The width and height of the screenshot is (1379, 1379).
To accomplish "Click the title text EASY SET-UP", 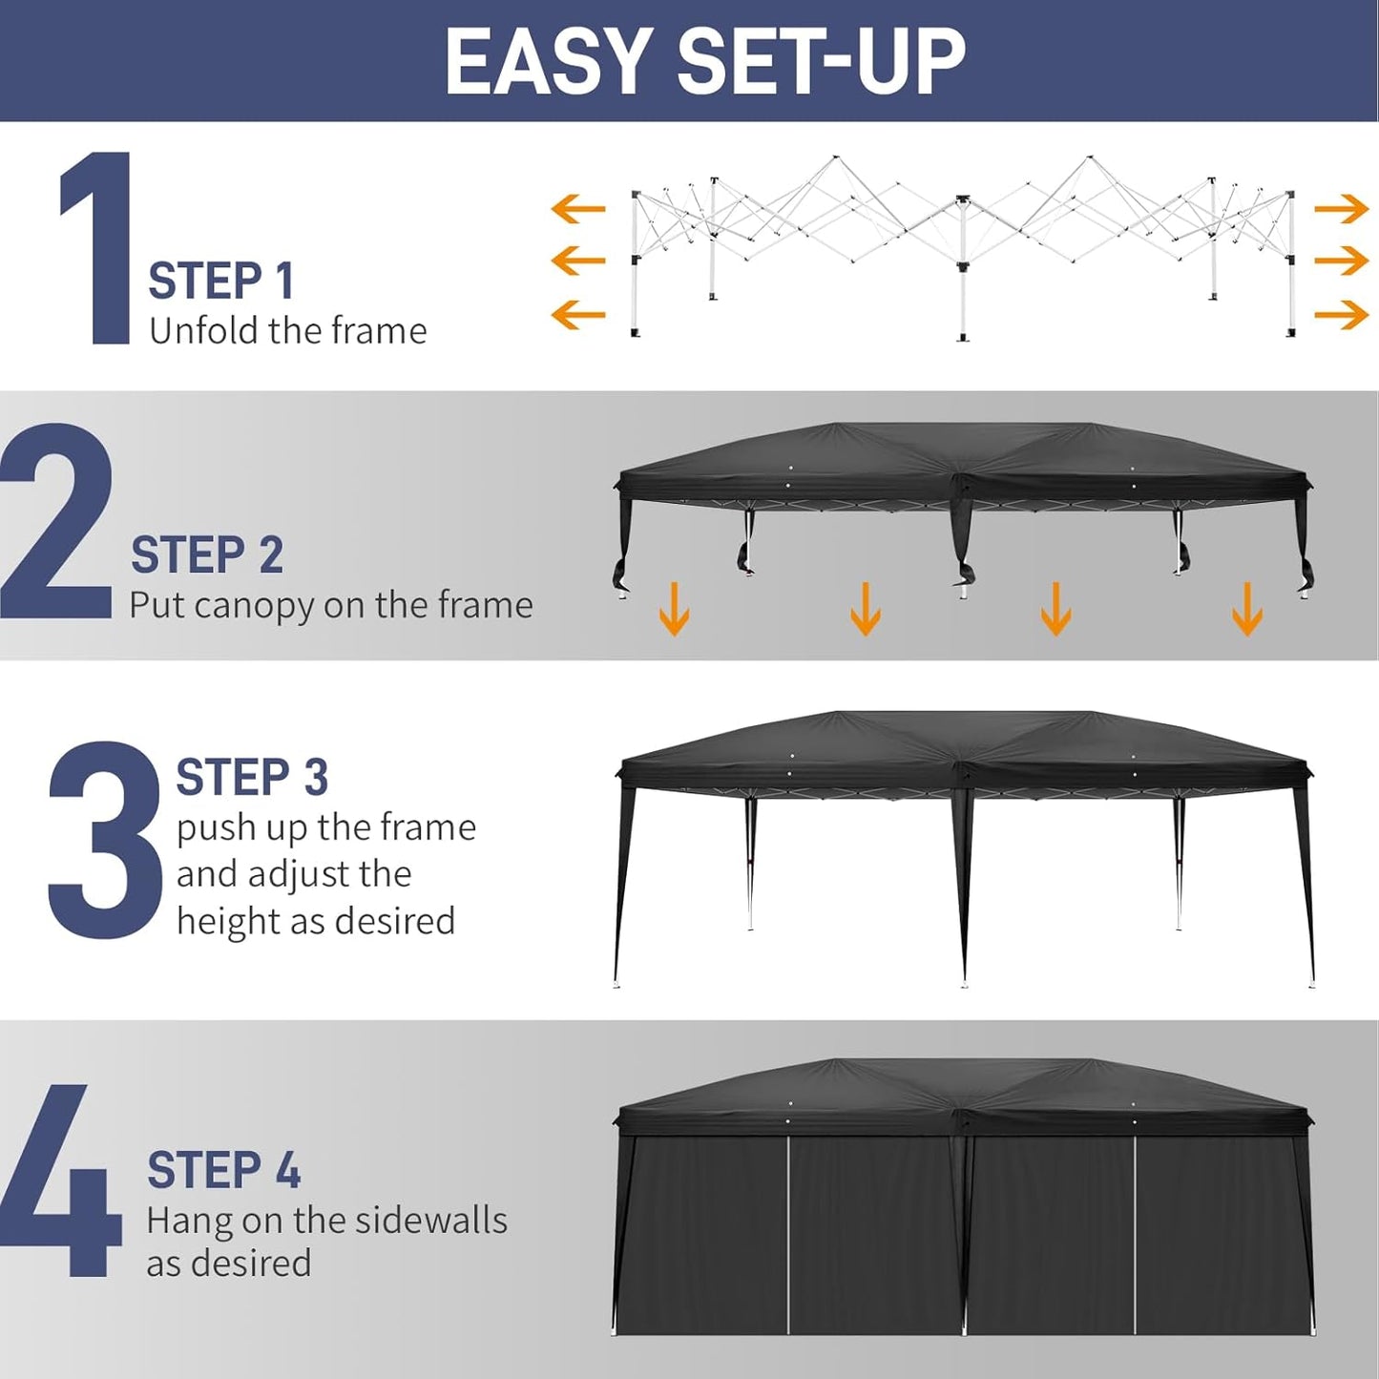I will (x=704, y=62).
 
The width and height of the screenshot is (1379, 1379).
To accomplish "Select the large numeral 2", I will (x=57, y=523).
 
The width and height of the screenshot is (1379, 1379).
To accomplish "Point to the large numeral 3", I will (x=105, y=840).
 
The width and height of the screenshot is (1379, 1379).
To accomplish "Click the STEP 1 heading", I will (x=220, y=282).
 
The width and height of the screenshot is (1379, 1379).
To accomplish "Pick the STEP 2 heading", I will (x=207, y=555).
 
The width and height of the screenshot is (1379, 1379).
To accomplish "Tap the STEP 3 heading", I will (x=252, y=778).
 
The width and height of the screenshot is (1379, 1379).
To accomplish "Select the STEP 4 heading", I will (x=223, y=1171).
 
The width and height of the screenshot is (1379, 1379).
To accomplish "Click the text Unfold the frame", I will (x=287, y=331).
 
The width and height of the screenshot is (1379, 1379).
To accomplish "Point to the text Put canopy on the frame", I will (x=330, y=605).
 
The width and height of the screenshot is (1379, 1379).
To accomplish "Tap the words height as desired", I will (x=315, y=922).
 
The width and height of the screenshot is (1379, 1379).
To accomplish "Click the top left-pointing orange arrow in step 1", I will (x=578, y=208).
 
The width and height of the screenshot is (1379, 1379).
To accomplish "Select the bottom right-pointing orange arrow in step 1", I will (x=1342, y=314).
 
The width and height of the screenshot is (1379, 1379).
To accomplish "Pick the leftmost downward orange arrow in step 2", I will (x=675, y=608).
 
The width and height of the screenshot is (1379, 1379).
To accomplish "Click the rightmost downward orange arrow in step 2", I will (x=1247, y=608).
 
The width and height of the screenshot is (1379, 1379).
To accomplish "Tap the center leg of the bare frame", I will (x=963, y=277).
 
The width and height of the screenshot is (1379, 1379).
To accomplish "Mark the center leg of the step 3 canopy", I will (x=964, y=888).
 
